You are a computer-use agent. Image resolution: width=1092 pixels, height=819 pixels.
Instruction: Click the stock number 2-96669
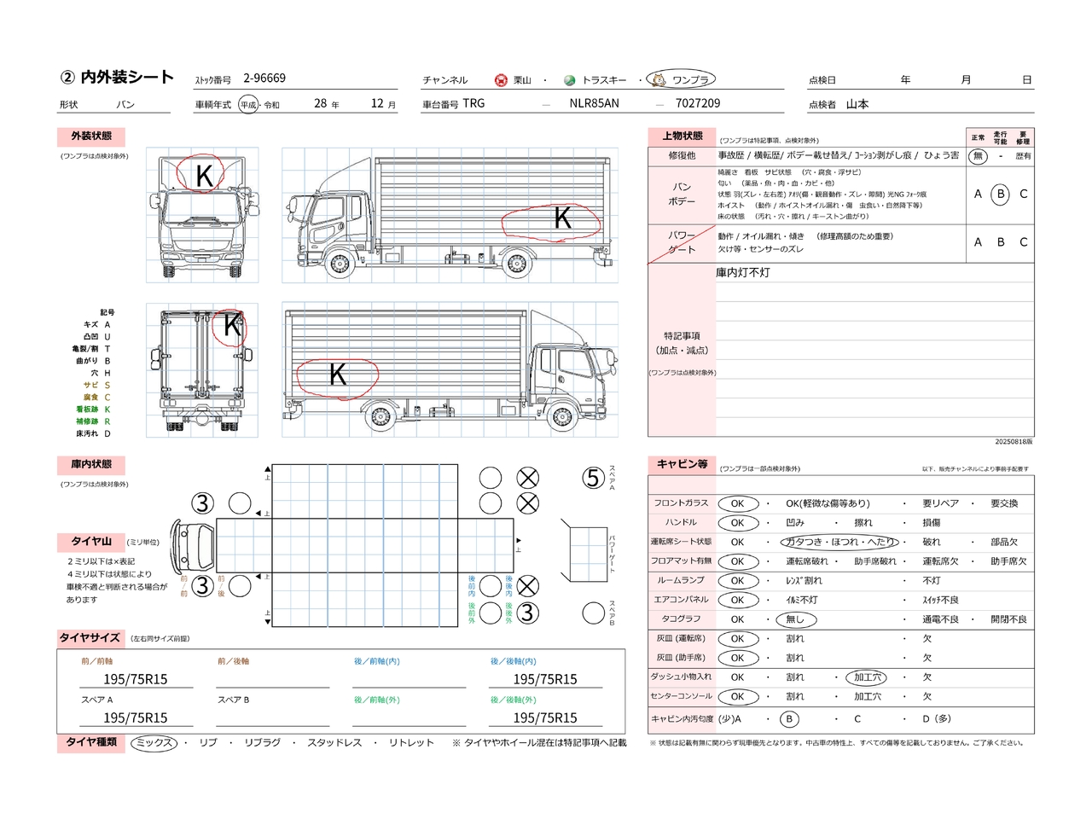[x=264, y=78]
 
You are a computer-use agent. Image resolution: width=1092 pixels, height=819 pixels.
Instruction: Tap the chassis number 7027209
[x=697, y=103]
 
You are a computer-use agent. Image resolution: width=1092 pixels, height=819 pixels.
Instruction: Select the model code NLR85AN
[x=594, y=103]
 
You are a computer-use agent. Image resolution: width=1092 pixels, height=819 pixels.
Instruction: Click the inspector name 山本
[x=857, y=104]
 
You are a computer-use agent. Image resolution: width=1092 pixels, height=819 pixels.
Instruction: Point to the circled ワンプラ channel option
[x=682, y=79]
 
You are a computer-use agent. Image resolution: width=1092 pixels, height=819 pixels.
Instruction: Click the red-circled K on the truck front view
[x=203, y=175]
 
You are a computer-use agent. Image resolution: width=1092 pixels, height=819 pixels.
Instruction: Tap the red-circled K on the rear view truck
[x=231, y=325]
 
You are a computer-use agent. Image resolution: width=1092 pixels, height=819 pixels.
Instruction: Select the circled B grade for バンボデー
[x=1001, y=195]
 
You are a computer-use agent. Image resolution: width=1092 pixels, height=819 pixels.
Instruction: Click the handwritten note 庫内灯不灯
[x=742, y=273]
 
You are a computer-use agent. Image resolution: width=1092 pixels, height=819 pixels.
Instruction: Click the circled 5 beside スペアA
[x=594, y=478]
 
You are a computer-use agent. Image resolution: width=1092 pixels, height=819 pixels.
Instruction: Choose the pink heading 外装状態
[x=91, y=136]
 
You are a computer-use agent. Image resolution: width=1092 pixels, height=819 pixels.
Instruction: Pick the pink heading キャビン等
[x=682, y=464]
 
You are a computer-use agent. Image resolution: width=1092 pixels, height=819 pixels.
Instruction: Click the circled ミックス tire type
[x=154, y=743]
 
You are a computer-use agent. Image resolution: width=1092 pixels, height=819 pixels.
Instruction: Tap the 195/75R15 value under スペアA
[x=136, y=718]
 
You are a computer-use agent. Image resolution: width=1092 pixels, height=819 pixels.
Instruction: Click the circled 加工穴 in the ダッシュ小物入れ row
[x=867, y=677]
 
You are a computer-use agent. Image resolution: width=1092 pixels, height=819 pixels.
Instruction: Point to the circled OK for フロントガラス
[x=737, y=503]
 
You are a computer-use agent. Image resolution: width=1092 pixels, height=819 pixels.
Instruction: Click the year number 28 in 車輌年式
[x=320, y=103]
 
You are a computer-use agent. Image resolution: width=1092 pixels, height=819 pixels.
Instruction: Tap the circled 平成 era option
[x=248, y=104]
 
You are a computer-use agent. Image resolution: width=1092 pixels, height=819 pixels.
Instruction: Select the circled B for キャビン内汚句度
[x=789, y=719]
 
